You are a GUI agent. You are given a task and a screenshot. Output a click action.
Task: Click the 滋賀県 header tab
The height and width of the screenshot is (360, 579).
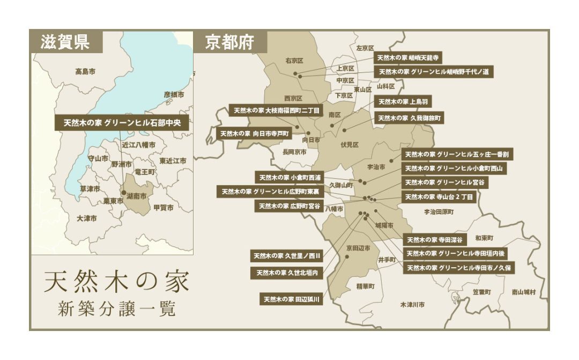click(x=65, y=42)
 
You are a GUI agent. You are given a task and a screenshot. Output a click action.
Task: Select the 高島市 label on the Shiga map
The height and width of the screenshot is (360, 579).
click(x=85, y=71)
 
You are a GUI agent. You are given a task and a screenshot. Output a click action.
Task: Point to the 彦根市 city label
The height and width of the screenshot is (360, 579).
click(x=174, y=94)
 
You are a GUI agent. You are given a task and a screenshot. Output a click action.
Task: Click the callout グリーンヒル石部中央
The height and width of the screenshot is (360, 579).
click(x=122, y=122)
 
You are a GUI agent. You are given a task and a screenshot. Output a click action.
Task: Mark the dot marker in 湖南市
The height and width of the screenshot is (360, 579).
click(x=124, y=192)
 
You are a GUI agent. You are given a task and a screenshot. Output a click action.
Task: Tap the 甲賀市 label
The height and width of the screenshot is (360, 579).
click(x=163, y=207)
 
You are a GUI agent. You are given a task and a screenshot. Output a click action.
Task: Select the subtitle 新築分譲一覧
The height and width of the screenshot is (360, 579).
click(x=116, y=310)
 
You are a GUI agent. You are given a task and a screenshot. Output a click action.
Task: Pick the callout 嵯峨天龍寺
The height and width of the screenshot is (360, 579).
click(x=407, y=57)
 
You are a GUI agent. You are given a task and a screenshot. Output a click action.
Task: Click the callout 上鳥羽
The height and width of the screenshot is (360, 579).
click(x=403, y=101)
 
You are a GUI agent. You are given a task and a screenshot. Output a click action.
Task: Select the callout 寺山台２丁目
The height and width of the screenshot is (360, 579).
click(x=439, y=197)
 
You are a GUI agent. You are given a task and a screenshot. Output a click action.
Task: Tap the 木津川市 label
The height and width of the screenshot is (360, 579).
click(x=412, y=305)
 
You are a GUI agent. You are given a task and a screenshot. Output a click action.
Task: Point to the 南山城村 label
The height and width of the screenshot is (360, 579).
click(x=523, y=292)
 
